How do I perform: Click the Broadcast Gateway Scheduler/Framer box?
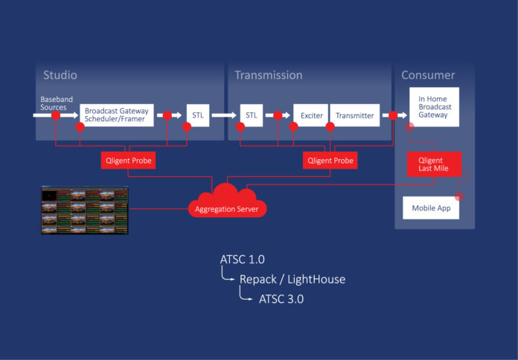point(116,115)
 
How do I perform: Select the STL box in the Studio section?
point(198,115)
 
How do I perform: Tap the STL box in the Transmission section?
point(251,115)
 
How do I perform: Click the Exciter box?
point(311,115)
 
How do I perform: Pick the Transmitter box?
point(355,115)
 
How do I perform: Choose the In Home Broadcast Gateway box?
point(434,107)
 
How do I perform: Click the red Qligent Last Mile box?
point(434,164)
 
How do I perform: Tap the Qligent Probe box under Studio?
point(128,160)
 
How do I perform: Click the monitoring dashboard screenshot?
point(84,210)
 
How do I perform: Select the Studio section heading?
point(60,75)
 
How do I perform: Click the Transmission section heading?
point(268,75)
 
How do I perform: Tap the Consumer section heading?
point(428,75)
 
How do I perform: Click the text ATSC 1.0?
point(242,260)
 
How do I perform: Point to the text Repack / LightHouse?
point(292,280)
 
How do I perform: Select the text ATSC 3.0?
point(281,299)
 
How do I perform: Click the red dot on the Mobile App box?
point(459,197)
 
